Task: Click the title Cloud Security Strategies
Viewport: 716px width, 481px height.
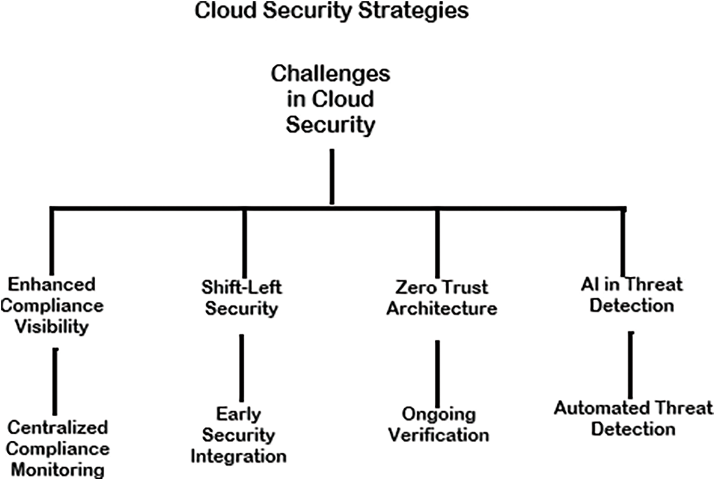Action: [x=331, y=11]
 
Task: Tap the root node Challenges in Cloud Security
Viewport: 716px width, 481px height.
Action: [x=330, y=99]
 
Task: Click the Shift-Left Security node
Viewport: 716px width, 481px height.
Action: [x=242, y=298]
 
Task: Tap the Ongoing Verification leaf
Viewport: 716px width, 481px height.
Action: [x=437, y=424]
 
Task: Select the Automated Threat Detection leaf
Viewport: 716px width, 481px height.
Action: [x=633, y=418]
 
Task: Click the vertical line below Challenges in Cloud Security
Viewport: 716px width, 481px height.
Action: [x=332, y=176]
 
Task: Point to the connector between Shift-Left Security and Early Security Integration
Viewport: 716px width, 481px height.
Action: [x=242, y=368]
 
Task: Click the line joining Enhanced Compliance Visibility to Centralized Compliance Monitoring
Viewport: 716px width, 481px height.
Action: [x=56, y=381]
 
